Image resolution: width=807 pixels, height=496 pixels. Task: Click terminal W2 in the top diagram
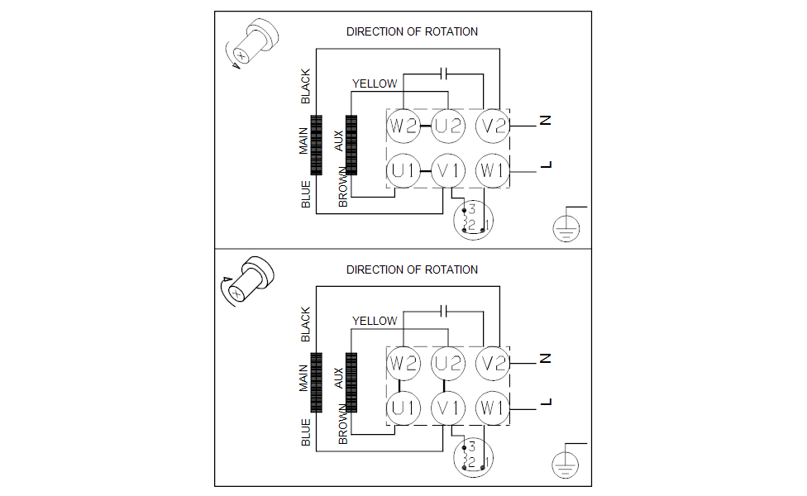pyautogui.click(x=403, y=126)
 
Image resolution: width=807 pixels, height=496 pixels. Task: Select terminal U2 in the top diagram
pyautogui.click(x=449, y=126)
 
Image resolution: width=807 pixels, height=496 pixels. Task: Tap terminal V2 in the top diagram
pyautogui.click(x=494, y=126)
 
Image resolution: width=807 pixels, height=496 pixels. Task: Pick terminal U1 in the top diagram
pyautogui.click(x=403, y=171)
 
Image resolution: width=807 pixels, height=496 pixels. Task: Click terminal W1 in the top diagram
pyautogui.click(x=494, y=171)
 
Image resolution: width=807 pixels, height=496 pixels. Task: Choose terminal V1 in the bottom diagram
pyautogui.click(x=449, y=408)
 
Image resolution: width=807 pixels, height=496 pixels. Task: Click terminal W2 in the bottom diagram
pyautogui.click(x=403, y=364)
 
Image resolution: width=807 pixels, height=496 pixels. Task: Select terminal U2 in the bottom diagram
pyautogui.click(x=449, y=364)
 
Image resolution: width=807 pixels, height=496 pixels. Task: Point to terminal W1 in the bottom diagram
pyautogui.click(x=494, y=408)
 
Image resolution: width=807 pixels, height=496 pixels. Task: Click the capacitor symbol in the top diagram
pyautogui.click(x=445, y=73)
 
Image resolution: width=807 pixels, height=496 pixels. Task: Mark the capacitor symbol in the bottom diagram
pyautogui.click(x=445, y=310)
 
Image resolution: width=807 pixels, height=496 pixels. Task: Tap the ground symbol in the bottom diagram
pyautogui.click(x=566, y=464)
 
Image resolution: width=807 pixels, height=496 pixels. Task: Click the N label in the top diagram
pyautogui.click(x=545, y=122)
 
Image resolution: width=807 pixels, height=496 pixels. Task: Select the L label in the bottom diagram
pyautogui.click(x=545, y=403)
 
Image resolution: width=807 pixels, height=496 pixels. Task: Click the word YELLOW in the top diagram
pyautogui.click(x=375, y=83)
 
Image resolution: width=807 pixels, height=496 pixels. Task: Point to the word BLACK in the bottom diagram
pyautogui.click(x=306, y=325)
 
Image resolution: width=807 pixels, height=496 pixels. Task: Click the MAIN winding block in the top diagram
pyautogui.click(x=316, y=145)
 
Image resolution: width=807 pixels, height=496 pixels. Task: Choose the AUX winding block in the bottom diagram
pyautogui.click(x=351, y=382)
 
